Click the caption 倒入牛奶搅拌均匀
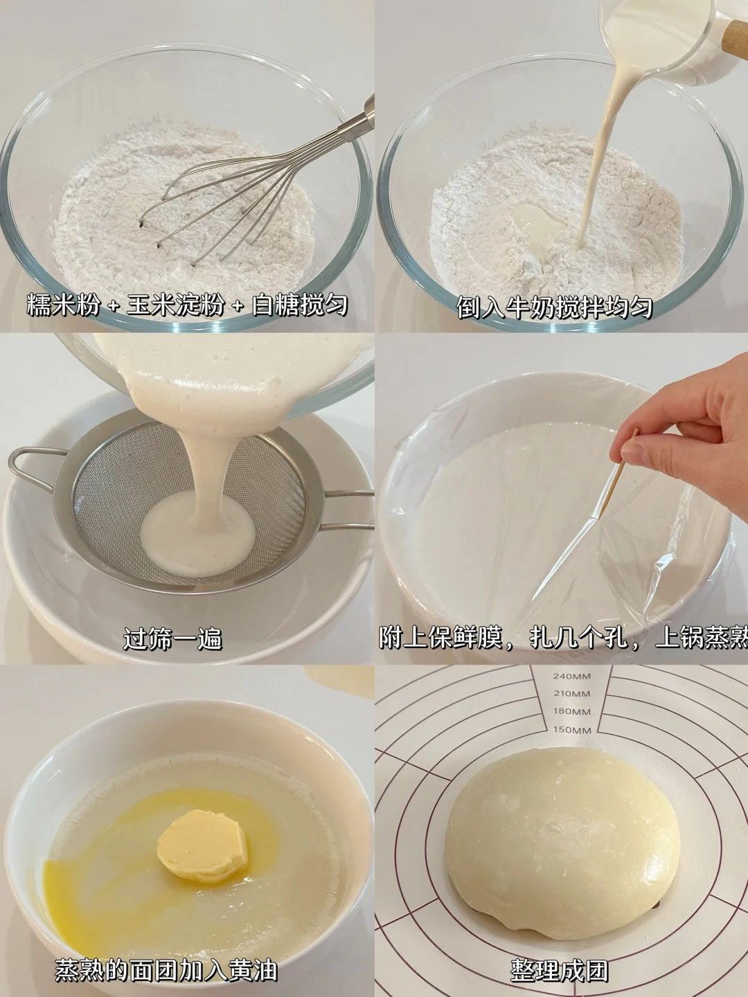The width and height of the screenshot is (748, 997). pos(555,307)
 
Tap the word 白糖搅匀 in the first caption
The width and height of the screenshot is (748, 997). pos(299,305)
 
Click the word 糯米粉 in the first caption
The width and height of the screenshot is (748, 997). pos(63,305)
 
